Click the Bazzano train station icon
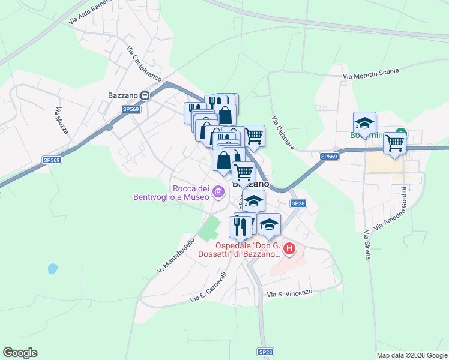coord(145,95)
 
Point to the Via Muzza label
coord(61,120)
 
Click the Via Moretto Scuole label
coord(370,74)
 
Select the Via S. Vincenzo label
coord(290,293)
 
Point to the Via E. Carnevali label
coord(208,288)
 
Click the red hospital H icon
coord(289,248)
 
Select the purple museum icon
coord(218,193)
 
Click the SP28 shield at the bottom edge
coord(265,352)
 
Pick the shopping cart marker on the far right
coord(395,143)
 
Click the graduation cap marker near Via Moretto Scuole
coord(364,123)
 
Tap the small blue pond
coord(53,269)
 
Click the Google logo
coord(20,353)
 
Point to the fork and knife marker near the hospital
coord(240,227)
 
